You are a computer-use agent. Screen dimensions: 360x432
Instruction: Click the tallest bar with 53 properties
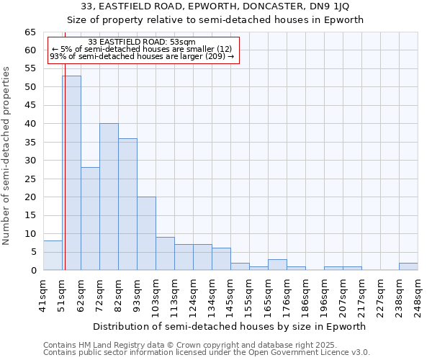click(x=71, y=173)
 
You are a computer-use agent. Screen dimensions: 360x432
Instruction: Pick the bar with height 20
click(x=146, y=233)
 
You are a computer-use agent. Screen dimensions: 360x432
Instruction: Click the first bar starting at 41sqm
click(x=53, y=256)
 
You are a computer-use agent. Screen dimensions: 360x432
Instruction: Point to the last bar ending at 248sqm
click(x=408, y=266)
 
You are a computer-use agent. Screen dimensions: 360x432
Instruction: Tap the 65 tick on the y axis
click(x=30, y=32)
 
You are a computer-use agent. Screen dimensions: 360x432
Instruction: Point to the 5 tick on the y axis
click(x=32, y=252)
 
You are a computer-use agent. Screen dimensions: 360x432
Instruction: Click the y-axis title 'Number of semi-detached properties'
click(x=7, y=156)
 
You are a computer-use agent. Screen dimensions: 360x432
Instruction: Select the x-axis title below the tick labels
click(x=230, y=326)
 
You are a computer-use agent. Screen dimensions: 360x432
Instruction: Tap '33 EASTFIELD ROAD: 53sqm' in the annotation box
click(x=141, y=42)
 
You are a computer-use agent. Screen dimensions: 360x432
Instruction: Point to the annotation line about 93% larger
click(x=141, y=56)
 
